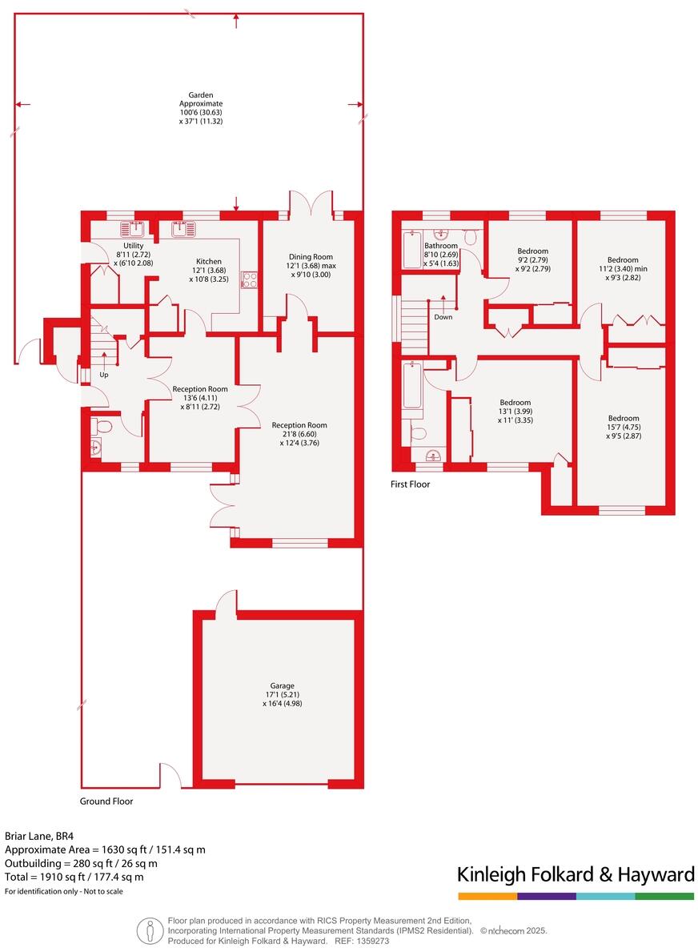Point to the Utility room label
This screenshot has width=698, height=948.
pos(133,246)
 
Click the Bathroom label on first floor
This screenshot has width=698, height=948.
pos(441,246)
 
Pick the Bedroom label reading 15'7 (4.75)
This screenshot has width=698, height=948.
pos(623,419)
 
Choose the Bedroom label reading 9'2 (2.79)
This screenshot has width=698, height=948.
pos(532,251)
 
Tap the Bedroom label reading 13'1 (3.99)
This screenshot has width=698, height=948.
pos(515,403)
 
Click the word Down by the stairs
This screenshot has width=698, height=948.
pos(443,317)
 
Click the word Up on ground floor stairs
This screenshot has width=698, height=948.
pos(104,375)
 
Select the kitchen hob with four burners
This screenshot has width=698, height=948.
pos(249,279)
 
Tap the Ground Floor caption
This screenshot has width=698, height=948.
pos(106,801)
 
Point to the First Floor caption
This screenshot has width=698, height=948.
pos(411,484)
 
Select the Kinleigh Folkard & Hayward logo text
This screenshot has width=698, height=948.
pos(576,874)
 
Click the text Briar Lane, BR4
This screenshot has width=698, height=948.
pos(39,836)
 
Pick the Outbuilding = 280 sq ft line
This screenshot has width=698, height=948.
pos(81,863)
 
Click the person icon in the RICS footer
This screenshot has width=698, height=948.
pos(150,931)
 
